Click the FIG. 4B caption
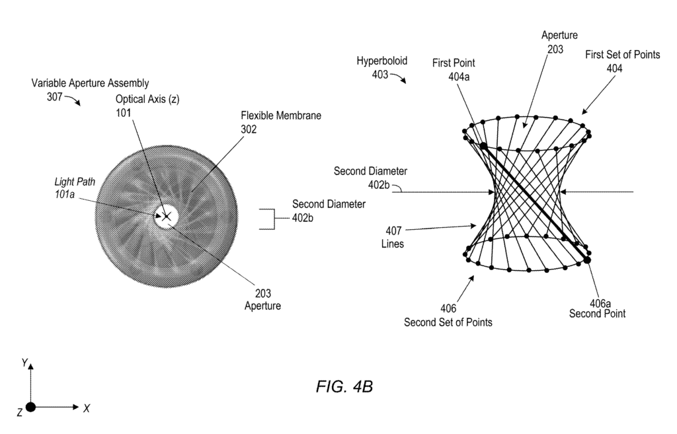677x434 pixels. (344, 386)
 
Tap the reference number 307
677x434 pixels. (54, 96)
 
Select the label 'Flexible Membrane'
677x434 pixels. (280, 116)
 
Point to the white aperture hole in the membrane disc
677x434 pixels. (166, 216)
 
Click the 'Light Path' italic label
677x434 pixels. (75, 182)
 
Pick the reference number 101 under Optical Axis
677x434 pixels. (123, 112)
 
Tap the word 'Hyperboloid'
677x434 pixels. (381, 61)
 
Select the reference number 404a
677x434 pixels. (459, 77)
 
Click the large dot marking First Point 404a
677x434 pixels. (483, 146)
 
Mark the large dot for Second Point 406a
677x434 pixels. (587, 260)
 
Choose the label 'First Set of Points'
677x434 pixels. (623, 55)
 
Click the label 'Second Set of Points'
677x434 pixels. (448, 322)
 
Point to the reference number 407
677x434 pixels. (393, 231)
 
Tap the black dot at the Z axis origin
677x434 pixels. (30, 407)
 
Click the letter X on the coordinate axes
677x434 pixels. (87, 408)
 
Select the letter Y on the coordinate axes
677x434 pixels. (25, 363)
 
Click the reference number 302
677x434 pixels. (249, 129)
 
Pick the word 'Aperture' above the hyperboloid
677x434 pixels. (559, 36)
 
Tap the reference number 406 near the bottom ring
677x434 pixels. (448, 308)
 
